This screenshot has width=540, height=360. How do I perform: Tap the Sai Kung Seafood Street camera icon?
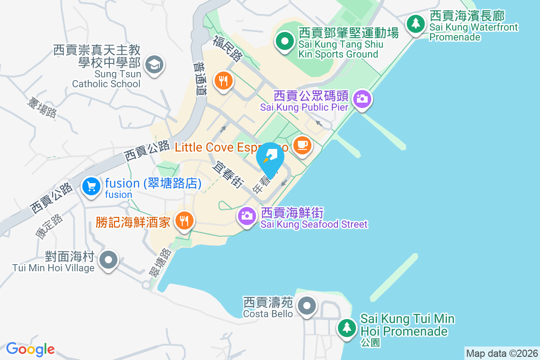[x=246, y=216]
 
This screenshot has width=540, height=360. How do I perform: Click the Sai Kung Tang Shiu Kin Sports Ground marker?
[x=284, y=42]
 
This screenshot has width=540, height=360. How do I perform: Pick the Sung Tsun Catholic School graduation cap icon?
[x=154, y=64]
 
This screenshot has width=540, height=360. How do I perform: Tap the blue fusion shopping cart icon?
[x=91, y=185]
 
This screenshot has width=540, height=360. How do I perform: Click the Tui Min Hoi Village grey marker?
[x=108, y=260]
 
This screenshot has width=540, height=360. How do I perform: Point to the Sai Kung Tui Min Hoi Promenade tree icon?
[x=347, y=327]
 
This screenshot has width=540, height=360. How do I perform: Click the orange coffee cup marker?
[x=302, y=145]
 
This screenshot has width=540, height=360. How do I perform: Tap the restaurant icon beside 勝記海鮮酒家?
[x=184, y=220]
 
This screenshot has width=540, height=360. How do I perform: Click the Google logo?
[x=30, y=349]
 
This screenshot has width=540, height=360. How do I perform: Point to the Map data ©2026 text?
[x=502, y=354]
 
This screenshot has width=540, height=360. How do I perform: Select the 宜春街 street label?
[x=229, y=175]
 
